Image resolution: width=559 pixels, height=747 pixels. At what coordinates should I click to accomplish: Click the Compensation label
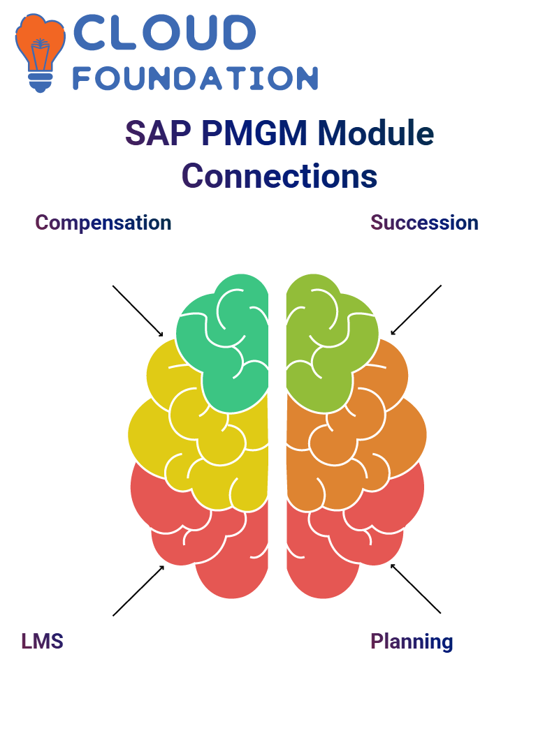click(103, 223)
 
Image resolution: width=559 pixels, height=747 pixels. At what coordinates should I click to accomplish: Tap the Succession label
click(425, 223)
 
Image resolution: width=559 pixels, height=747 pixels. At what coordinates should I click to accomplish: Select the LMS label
click(43, 642)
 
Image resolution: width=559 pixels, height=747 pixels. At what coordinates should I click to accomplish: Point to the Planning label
click(412, 642)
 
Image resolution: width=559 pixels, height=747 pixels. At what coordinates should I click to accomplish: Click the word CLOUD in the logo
click(164, 32)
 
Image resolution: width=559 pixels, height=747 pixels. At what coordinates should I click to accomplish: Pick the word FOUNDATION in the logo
click(195, 78)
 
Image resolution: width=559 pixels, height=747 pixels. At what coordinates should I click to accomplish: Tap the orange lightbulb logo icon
click(40, 52)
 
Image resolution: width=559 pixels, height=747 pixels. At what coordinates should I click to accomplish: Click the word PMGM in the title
click(255, 133)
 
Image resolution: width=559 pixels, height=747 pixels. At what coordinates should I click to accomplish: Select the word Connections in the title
click(279, 176)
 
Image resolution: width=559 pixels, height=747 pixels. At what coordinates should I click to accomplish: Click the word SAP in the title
click(159, 133)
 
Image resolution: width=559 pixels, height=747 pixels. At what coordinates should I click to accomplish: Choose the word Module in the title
click(376, 133)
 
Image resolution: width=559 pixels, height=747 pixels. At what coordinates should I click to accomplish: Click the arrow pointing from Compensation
click(138, 311)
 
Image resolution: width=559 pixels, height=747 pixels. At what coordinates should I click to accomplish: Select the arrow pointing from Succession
click(416, 310)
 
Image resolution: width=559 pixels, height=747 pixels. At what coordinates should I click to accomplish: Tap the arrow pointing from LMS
click(138, 591)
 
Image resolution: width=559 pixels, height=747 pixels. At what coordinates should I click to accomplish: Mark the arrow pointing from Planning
click(416, 589)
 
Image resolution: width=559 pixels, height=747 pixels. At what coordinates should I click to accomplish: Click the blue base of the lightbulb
click(40, 82)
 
